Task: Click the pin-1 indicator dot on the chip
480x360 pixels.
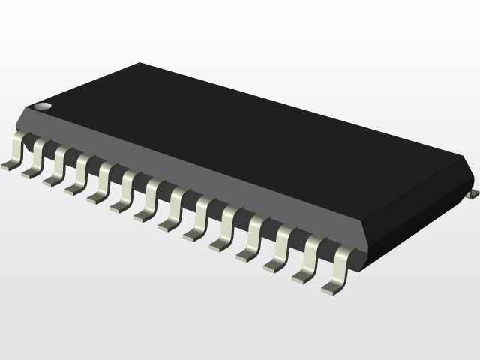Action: point(44,106)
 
